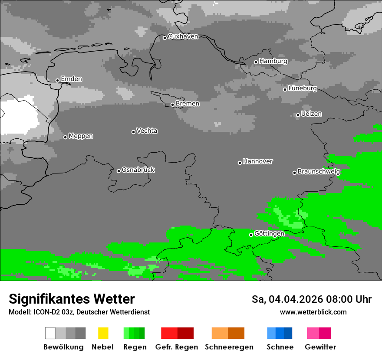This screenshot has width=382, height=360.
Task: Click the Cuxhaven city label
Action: pos(183,36)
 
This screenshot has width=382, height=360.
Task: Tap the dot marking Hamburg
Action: pos(256,62)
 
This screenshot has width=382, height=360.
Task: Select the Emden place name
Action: pos(71,79)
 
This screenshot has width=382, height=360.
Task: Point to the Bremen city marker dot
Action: pos(172,105)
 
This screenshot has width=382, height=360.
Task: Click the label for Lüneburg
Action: pos(303,88)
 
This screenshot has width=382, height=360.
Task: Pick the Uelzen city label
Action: pos(311,114)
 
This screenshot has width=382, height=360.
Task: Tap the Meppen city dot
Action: pos(65,137)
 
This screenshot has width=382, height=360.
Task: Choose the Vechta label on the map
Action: pos(147,131)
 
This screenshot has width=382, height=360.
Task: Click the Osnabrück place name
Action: pos(138,170)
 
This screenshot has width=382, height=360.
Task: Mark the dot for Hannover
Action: pos(240,163)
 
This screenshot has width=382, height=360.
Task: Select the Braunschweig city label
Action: pos(319,171)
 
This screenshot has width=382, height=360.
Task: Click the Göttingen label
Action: pos(269,233)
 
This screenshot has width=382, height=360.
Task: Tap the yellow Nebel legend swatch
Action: pos(103,333)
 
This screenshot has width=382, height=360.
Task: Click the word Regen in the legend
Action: pos(134,347)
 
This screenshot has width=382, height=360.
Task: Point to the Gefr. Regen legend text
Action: pos(177,347)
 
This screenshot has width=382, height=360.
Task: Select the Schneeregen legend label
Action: pos(229,347)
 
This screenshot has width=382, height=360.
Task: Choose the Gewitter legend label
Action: pos(320,347)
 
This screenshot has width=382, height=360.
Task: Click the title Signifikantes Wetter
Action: pos(72,299)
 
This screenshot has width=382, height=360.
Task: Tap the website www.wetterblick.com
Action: pos(313,312)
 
